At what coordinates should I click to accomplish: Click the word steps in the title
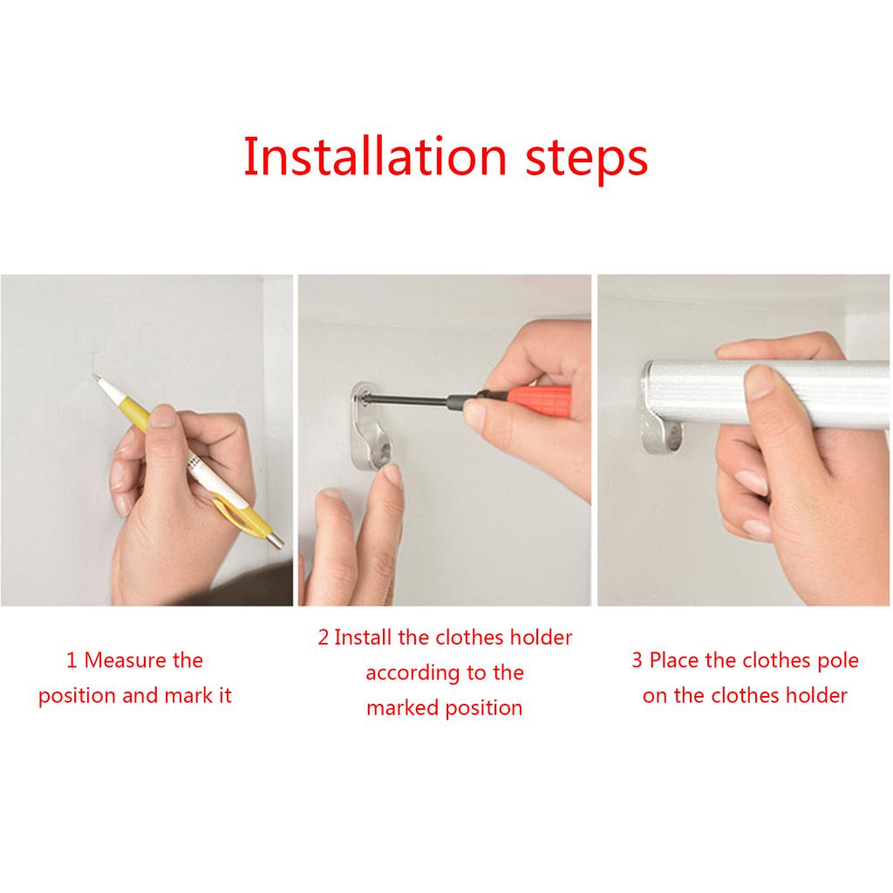coord(587,160)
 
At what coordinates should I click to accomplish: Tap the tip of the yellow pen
coord(95,377)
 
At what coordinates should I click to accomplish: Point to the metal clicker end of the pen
coord(276,540)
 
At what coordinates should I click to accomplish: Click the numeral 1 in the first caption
coord(72,661)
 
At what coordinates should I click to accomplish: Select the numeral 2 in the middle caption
coord(324,637)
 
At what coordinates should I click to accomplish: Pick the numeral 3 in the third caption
coord(637,661)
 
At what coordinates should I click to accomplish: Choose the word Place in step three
coord(674,661)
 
